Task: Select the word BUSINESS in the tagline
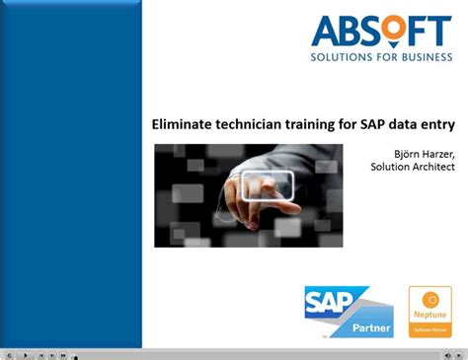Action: point(422,56)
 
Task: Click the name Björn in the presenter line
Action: point(409,151)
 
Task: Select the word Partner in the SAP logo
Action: point(369,325)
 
